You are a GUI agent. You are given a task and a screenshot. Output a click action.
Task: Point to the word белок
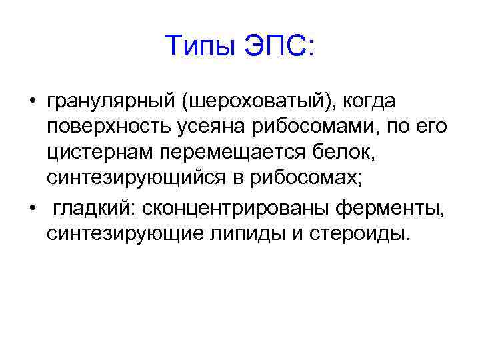click(356, 152)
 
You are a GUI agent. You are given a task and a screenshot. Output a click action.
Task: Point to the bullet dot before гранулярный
click(32, 103)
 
